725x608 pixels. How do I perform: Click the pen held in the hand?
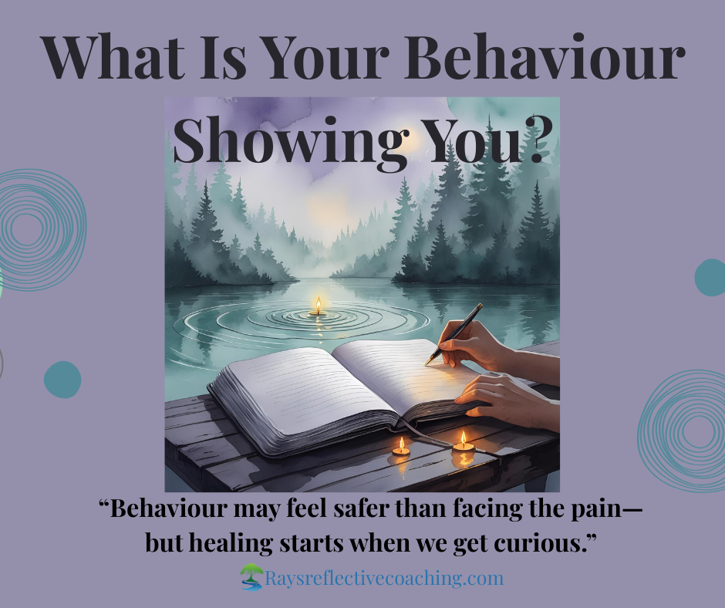[x=454, y=333]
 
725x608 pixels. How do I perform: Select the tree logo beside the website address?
[x=251, y=577]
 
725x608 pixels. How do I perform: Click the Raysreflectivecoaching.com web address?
[x=384, y=579]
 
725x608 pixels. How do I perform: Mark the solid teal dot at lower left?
[x=62, y=380]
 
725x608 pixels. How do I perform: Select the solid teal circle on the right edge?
[x=710, y=277]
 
